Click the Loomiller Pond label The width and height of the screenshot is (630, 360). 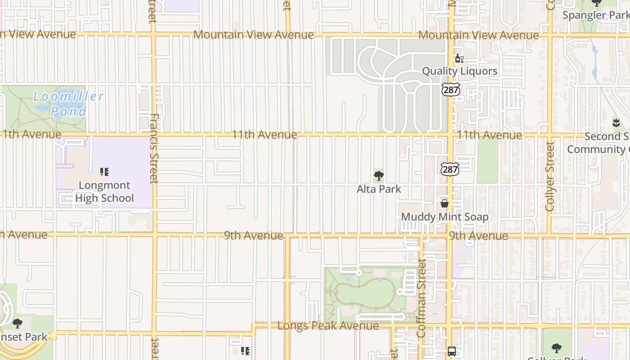[68, 104]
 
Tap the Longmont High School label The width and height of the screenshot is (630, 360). [104, 192]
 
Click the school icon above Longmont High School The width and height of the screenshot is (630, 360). [104, 172]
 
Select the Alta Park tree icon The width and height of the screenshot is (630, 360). [378, 175]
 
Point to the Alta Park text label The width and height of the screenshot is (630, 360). [378, 189]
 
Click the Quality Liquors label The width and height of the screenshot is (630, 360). [459, 71]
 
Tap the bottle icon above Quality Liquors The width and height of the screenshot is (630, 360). [459, 58]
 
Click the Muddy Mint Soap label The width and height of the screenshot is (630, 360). [444, 217]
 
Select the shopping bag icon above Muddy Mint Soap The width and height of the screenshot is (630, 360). [445, 203]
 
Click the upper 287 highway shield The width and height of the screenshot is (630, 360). [450, 90]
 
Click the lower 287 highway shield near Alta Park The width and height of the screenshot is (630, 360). [450, 169]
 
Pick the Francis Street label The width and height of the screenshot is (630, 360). [154, 148]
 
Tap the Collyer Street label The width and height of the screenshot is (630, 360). [549, 176]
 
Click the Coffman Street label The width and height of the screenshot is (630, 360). [421, 298]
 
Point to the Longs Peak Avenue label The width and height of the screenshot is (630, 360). [328, 325]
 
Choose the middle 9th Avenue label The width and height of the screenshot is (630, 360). [253, 235]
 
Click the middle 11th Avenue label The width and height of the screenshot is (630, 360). [264, 135]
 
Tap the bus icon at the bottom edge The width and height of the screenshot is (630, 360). [451, 351]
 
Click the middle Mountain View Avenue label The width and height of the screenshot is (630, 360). [253, 35]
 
